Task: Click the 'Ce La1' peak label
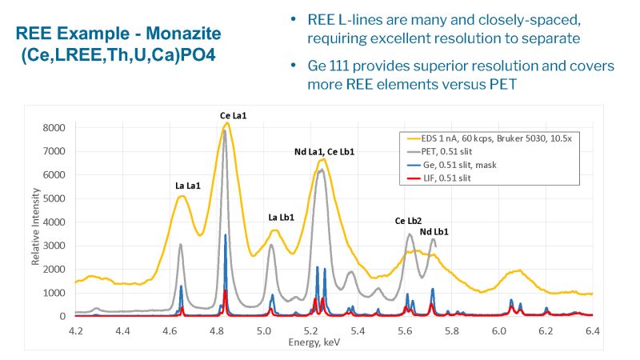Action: pos(234,116)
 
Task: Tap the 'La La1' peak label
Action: pos(188,186)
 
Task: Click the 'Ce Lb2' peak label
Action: pos(408,220)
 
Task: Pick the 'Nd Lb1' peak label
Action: pos(434,232)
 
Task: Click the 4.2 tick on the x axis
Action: pos(76,329)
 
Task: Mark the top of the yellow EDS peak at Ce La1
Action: pos(227,123)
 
